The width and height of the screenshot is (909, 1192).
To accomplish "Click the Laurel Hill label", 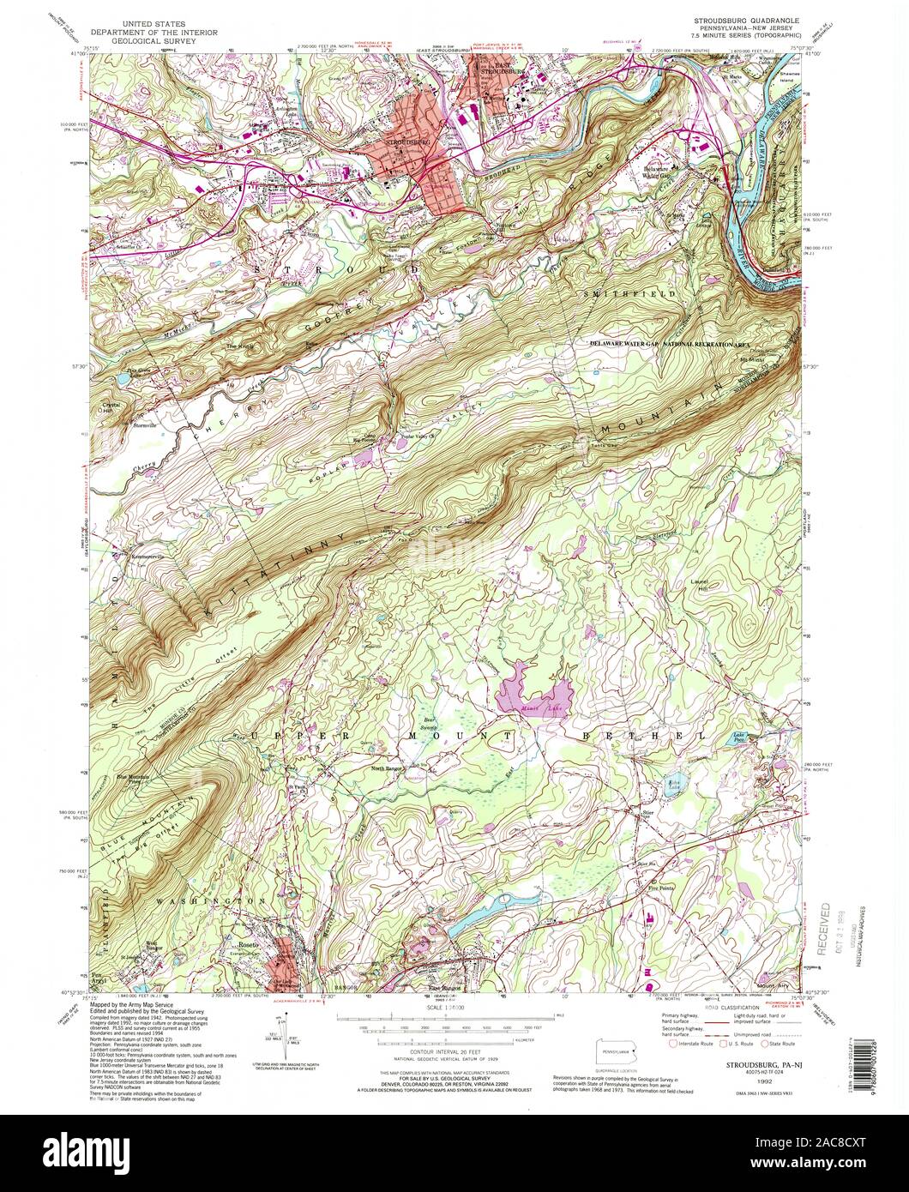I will (701, 586).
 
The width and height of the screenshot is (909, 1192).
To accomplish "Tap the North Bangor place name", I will (386, 768).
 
